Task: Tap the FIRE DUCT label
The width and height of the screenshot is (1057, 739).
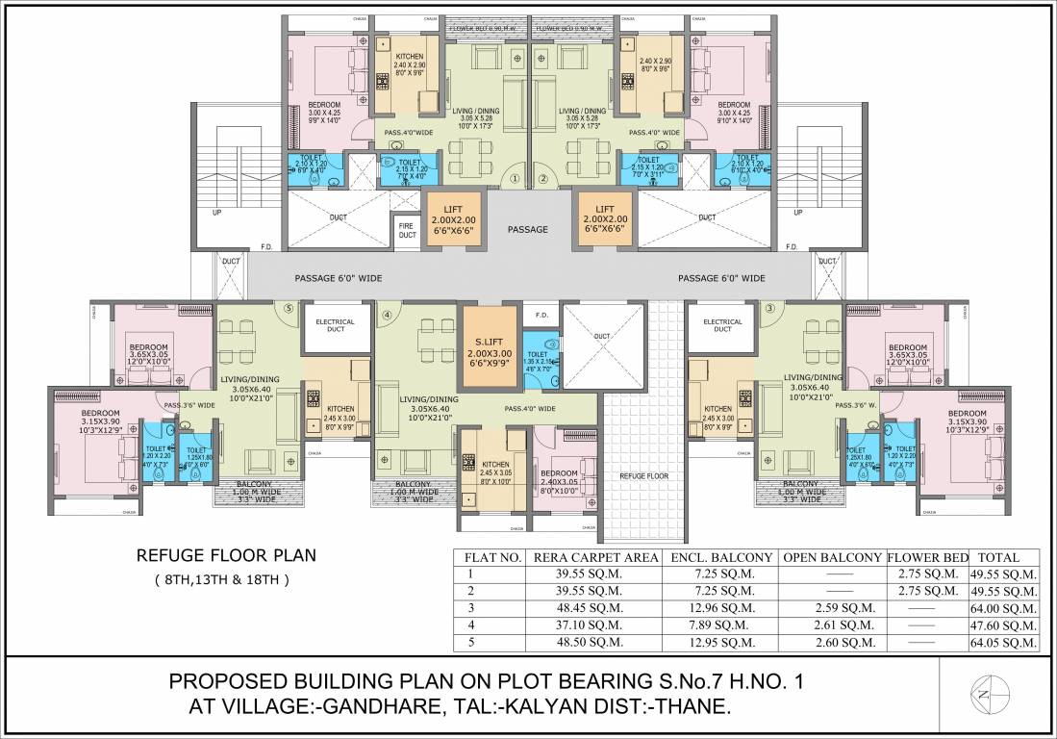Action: point(407,230)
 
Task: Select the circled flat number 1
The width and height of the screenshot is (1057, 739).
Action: point(515,178)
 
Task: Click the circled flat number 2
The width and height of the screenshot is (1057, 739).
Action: point(542,178)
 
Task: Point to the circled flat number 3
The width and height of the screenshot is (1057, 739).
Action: point(769,308)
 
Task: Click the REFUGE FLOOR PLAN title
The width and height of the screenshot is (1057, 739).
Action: point(226,555)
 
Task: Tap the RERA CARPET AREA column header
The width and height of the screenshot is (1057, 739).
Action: point(597,557)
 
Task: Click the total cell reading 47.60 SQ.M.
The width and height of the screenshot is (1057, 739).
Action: point(1003,624)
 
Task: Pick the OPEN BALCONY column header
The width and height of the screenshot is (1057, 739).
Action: point(832,557)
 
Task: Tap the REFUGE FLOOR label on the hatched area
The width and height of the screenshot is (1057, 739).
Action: point(644,475)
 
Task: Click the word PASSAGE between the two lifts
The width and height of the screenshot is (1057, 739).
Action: point(527,229)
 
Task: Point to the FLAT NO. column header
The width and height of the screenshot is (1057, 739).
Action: point(493,557)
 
